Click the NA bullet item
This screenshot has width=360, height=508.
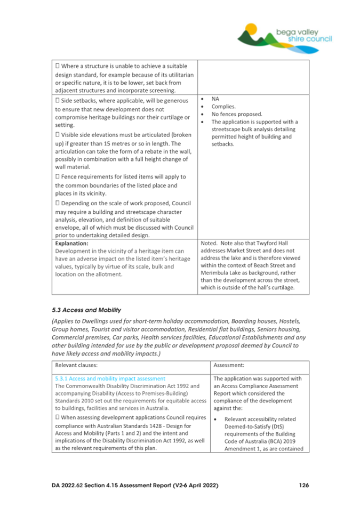[x=215, y=99]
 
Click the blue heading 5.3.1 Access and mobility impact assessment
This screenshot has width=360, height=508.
[x=110, y=379]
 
